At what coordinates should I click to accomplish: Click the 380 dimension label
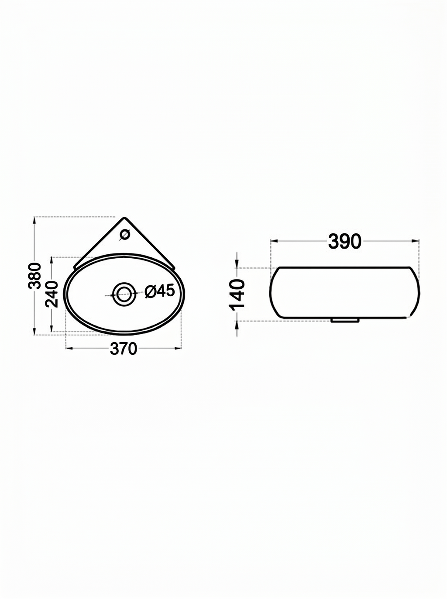tap(34, 276)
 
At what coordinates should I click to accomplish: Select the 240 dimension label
tap(52, 294)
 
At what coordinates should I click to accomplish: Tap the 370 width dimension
tap(124, 349)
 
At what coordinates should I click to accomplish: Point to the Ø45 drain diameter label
tap(159, 291)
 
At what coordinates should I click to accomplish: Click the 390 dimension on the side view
tap(345, 242)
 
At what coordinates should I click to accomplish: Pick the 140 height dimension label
tap(237, 295)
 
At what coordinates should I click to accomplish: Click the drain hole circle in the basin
tap(124, 294)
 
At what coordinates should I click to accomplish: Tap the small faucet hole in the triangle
tap(125, 235)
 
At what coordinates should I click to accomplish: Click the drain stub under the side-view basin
tap(345, 320)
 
